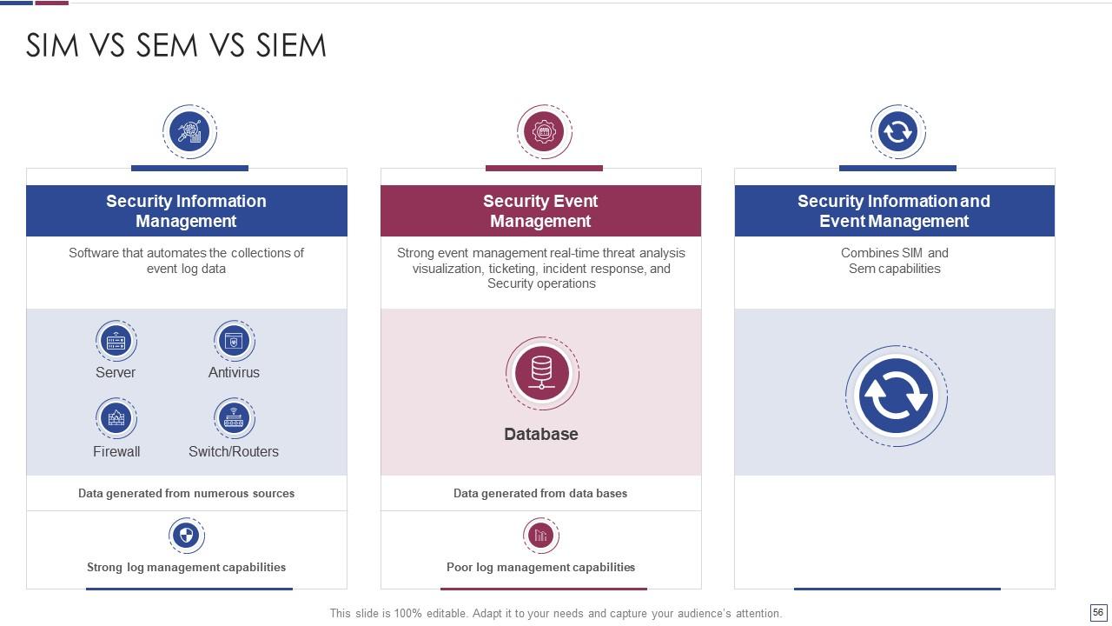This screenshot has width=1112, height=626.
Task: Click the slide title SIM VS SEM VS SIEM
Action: [x=176, y=45]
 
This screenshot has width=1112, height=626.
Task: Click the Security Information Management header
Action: [x=186, y=210]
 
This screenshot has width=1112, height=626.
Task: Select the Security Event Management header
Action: [x=540, y=210]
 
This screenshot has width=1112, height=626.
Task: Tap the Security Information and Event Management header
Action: [x=894, y=210]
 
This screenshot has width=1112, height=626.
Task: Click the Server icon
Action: [x=116, y=341]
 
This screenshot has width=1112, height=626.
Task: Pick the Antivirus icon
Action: [x=234, y=341]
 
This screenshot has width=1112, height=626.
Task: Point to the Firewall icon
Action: [x=116, y=419]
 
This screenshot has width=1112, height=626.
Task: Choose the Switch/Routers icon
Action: [x=234, y=419]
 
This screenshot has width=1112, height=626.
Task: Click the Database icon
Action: [x=542, y=373]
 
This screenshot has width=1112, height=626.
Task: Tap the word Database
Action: [x=541, y=434]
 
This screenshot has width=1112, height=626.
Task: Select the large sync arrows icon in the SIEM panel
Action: [x=896, y=396]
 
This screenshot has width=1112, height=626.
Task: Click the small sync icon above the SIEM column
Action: [x=897, y=132]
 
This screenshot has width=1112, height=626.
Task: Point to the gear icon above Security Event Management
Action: [x=544, y=132]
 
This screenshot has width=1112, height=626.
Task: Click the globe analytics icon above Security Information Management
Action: [x=189, y=132]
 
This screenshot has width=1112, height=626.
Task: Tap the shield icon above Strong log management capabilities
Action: [x=187, y=535]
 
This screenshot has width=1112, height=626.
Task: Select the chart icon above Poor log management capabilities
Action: [x=540, y=535]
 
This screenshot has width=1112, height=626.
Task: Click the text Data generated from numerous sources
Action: [x=186, y=493]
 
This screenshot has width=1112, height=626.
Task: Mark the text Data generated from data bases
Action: [x=540, y=493]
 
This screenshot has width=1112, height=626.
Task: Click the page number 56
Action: [x=1098, y=613]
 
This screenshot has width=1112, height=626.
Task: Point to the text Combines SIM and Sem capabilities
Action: [x=895, y=261]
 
